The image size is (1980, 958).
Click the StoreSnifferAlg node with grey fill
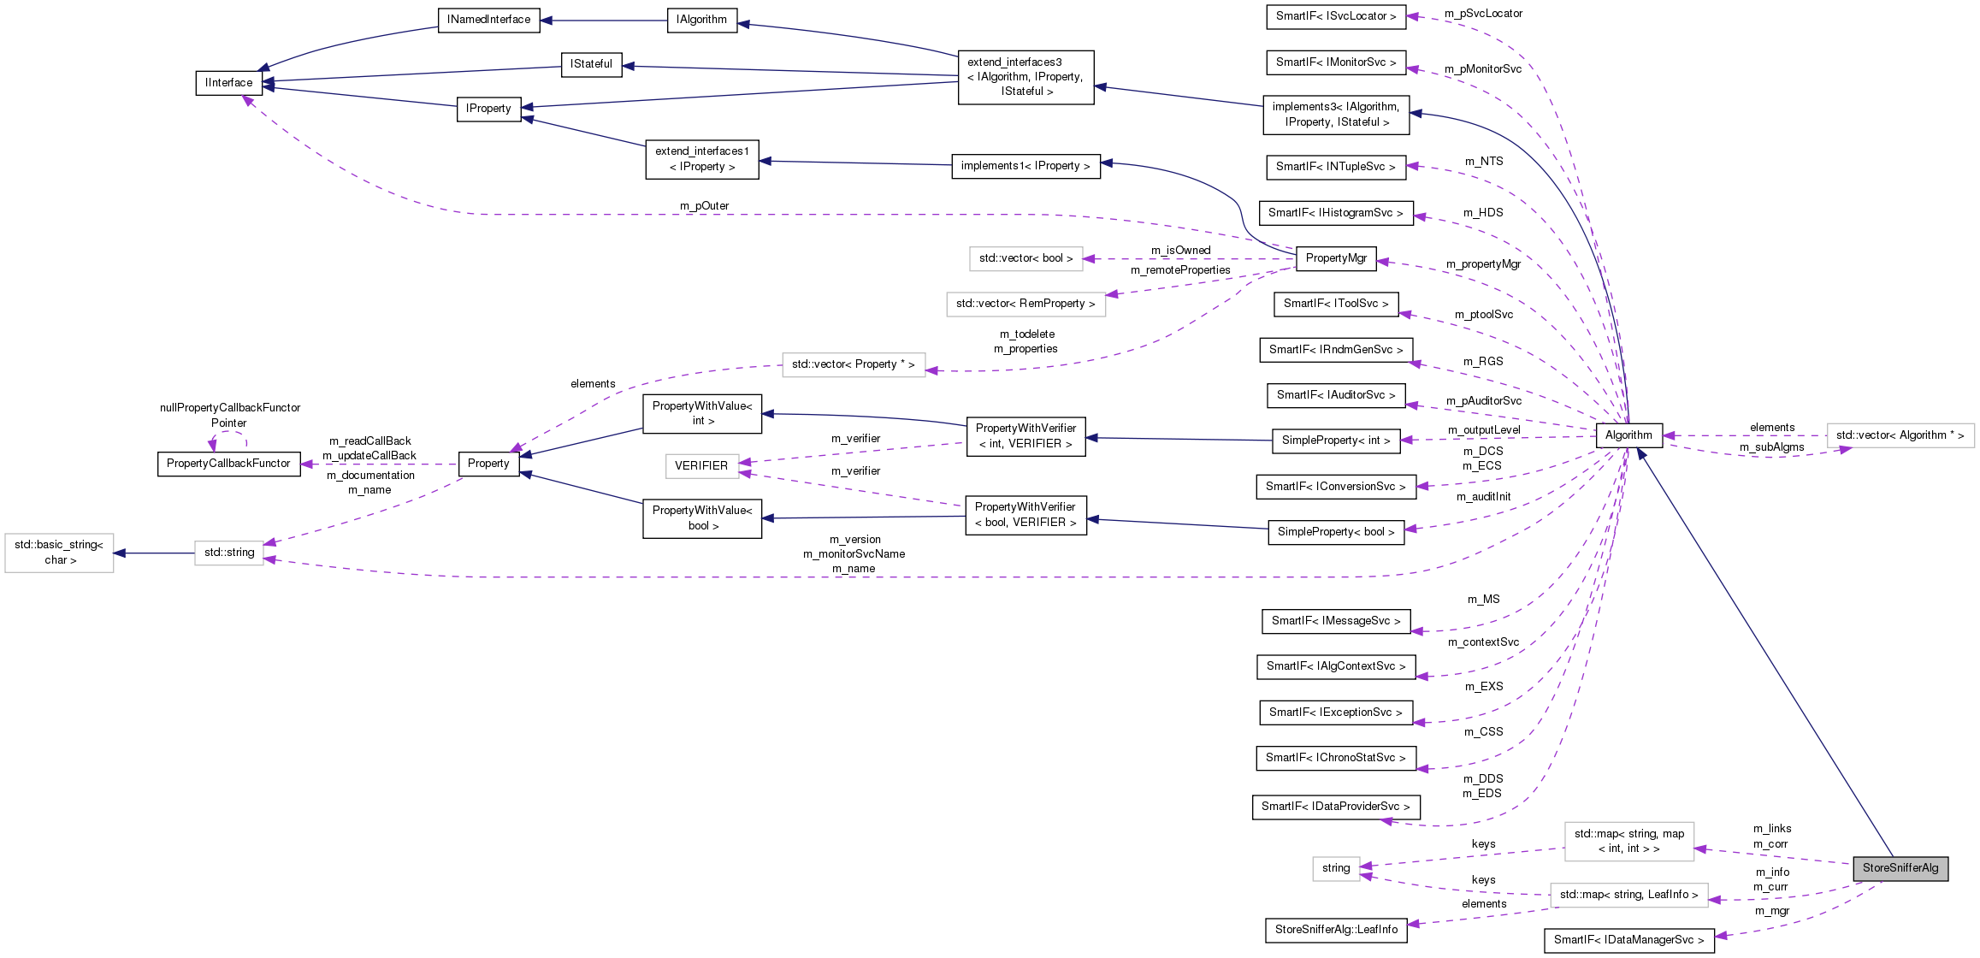point(1900,868)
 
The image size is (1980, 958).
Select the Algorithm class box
point(1628,435)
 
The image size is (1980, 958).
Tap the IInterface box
point(228,83)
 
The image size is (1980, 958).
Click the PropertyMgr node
point(1335,258)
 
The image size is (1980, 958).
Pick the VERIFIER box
point(701,466)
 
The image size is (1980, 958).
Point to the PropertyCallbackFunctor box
point(228,464)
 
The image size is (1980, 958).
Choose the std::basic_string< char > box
point(59,553)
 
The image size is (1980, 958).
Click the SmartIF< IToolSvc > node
point(1335,304)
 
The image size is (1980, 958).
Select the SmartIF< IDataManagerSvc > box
point(1628,940)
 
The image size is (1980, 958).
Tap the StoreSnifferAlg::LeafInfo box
point(1335,930)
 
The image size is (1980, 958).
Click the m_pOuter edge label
point(704,206)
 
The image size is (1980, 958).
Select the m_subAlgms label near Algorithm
point(1771,447)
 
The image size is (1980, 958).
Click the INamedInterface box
point(488,20)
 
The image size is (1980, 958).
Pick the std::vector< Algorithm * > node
point(1900,435)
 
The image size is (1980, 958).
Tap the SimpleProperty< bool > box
point(1335,532)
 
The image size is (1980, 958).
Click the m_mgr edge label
point(1771,911)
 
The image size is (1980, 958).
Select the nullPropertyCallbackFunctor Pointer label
point(230,416)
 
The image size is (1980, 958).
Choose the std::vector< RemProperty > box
point(1025,304)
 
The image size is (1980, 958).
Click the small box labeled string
point(1335,868)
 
